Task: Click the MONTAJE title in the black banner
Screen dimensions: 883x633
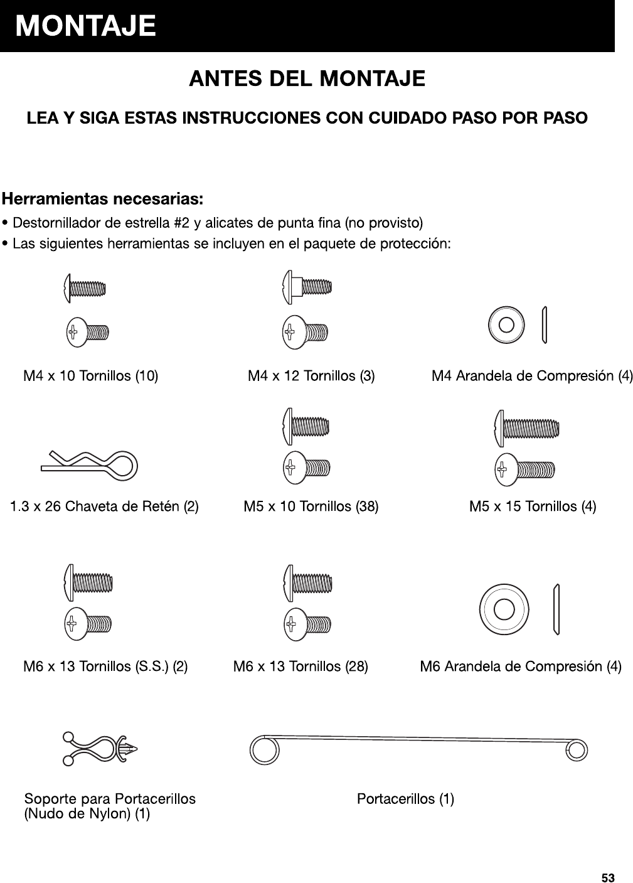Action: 86,27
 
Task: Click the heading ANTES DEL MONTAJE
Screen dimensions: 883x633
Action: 307,79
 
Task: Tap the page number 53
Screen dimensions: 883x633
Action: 608,877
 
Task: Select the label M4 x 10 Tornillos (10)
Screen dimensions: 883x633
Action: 90,376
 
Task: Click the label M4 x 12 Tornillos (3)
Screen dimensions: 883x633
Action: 311,376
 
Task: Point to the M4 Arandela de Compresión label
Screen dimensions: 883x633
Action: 532,376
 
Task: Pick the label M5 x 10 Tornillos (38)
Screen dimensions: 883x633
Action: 311,506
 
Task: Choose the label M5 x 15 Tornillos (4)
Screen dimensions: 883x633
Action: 533,506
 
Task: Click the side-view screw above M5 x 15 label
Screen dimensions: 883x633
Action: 526,427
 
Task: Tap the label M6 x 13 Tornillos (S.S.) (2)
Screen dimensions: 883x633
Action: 105,666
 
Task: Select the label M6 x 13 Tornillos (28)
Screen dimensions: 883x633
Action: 301,666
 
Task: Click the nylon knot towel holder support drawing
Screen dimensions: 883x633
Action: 100,749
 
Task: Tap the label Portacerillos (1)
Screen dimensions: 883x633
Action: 405,799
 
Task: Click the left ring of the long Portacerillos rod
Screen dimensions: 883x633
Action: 263,749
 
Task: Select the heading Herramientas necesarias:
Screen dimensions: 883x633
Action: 102,200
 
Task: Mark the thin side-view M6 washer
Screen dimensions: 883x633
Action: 556,609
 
